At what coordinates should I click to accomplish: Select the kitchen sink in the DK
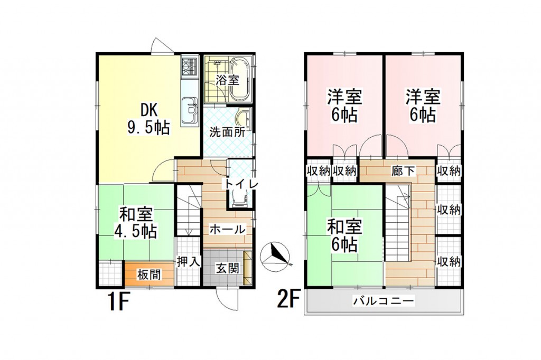tap(190, 109)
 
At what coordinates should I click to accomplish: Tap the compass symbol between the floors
tap(276, 256)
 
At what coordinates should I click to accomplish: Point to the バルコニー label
tap(383, 301)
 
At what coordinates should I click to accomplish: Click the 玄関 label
tap(227, 268)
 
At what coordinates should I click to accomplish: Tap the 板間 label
tap(148, 275)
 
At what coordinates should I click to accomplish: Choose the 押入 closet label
tap(189, 262)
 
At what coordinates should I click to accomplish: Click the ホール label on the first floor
tap(227, 229)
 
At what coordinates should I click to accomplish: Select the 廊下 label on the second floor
tap(403, 170)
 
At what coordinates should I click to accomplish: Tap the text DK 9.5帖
tap(148, 119)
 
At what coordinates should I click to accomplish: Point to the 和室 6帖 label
tap(344, 235)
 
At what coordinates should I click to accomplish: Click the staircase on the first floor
tap(189, 210)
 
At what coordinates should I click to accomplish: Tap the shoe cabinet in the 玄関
tap(248, 268)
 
